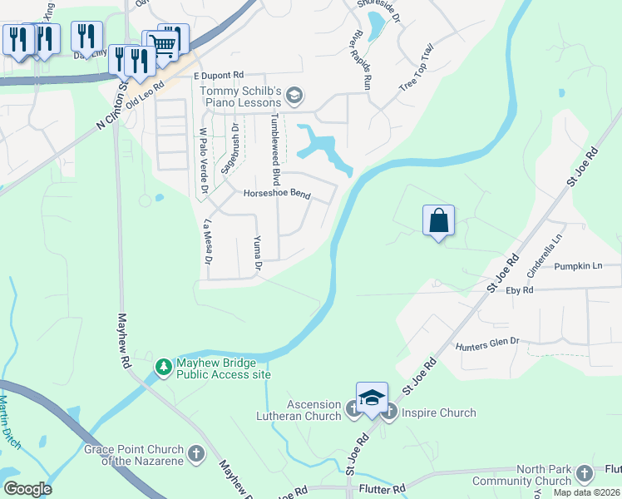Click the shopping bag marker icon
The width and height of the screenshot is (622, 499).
(439, 221)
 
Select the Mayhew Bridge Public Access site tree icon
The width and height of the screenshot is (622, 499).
(165, 366)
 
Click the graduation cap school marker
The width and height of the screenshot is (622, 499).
(372, 398)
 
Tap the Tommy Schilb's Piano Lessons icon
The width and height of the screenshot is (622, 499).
(293, 97)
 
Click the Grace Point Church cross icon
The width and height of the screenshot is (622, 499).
(195, 453)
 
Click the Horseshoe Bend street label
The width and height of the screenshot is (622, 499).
(276, 195)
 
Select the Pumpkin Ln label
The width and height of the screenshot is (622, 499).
(579, 266)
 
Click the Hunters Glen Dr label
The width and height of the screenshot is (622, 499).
(486, 343)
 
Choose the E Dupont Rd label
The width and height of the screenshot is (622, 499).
(217, 74)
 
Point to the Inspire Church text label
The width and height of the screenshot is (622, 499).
(438, 413)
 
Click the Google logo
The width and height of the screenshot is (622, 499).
(27, 489)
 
